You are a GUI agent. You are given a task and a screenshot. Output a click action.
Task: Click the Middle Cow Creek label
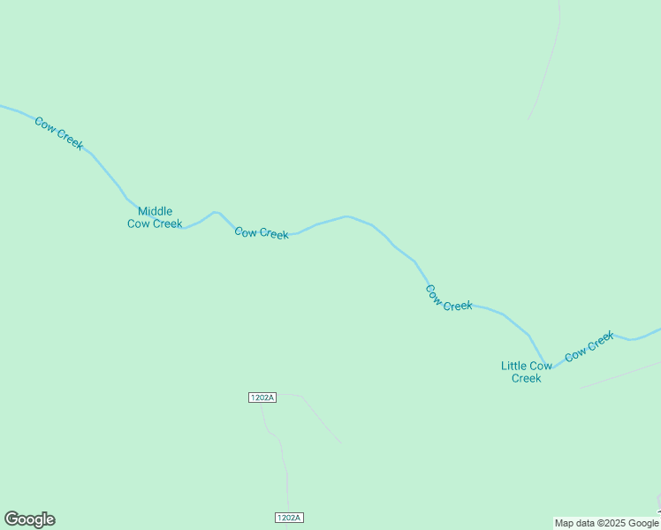point(155,217)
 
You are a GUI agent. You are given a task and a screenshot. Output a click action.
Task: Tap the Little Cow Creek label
point(527,372)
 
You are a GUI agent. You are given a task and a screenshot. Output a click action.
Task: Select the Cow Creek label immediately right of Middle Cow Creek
point(262,233)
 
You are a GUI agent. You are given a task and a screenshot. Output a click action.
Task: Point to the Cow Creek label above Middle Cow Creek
point(59,133)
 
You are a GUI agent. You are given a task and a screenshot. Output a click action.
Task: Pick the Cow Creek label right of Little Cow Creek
point(589,345)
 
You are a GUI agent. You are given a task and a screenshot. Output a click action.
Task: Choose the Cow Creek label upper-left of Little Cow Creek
point(449,298)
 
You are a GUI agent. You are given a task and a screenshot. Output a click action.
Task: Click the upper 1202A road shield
point(262,397)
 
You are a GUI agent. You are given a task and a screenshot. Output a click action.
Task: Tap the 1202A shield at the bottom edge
point(289,518)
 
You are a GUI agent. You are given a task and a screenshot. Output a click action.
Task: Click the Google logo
point(29,519)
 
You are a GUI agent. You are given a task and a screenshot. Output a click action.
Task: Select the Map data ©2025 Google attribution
point(606,523)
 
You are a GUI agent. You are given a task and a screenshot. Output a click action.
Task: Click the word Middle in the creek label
point(156,211)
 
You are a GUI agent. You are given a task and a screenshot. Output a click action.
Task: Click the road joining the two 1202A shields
point(282,459)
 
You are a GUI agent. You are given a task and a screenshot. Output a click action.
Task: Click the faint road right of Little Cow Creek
point(619,375)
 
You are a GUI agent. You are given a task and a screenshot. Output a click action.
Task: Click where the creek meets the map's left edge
point(3,107)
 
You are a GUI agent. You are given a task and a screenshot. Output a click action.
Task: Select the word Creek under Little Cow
point(527,378)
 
